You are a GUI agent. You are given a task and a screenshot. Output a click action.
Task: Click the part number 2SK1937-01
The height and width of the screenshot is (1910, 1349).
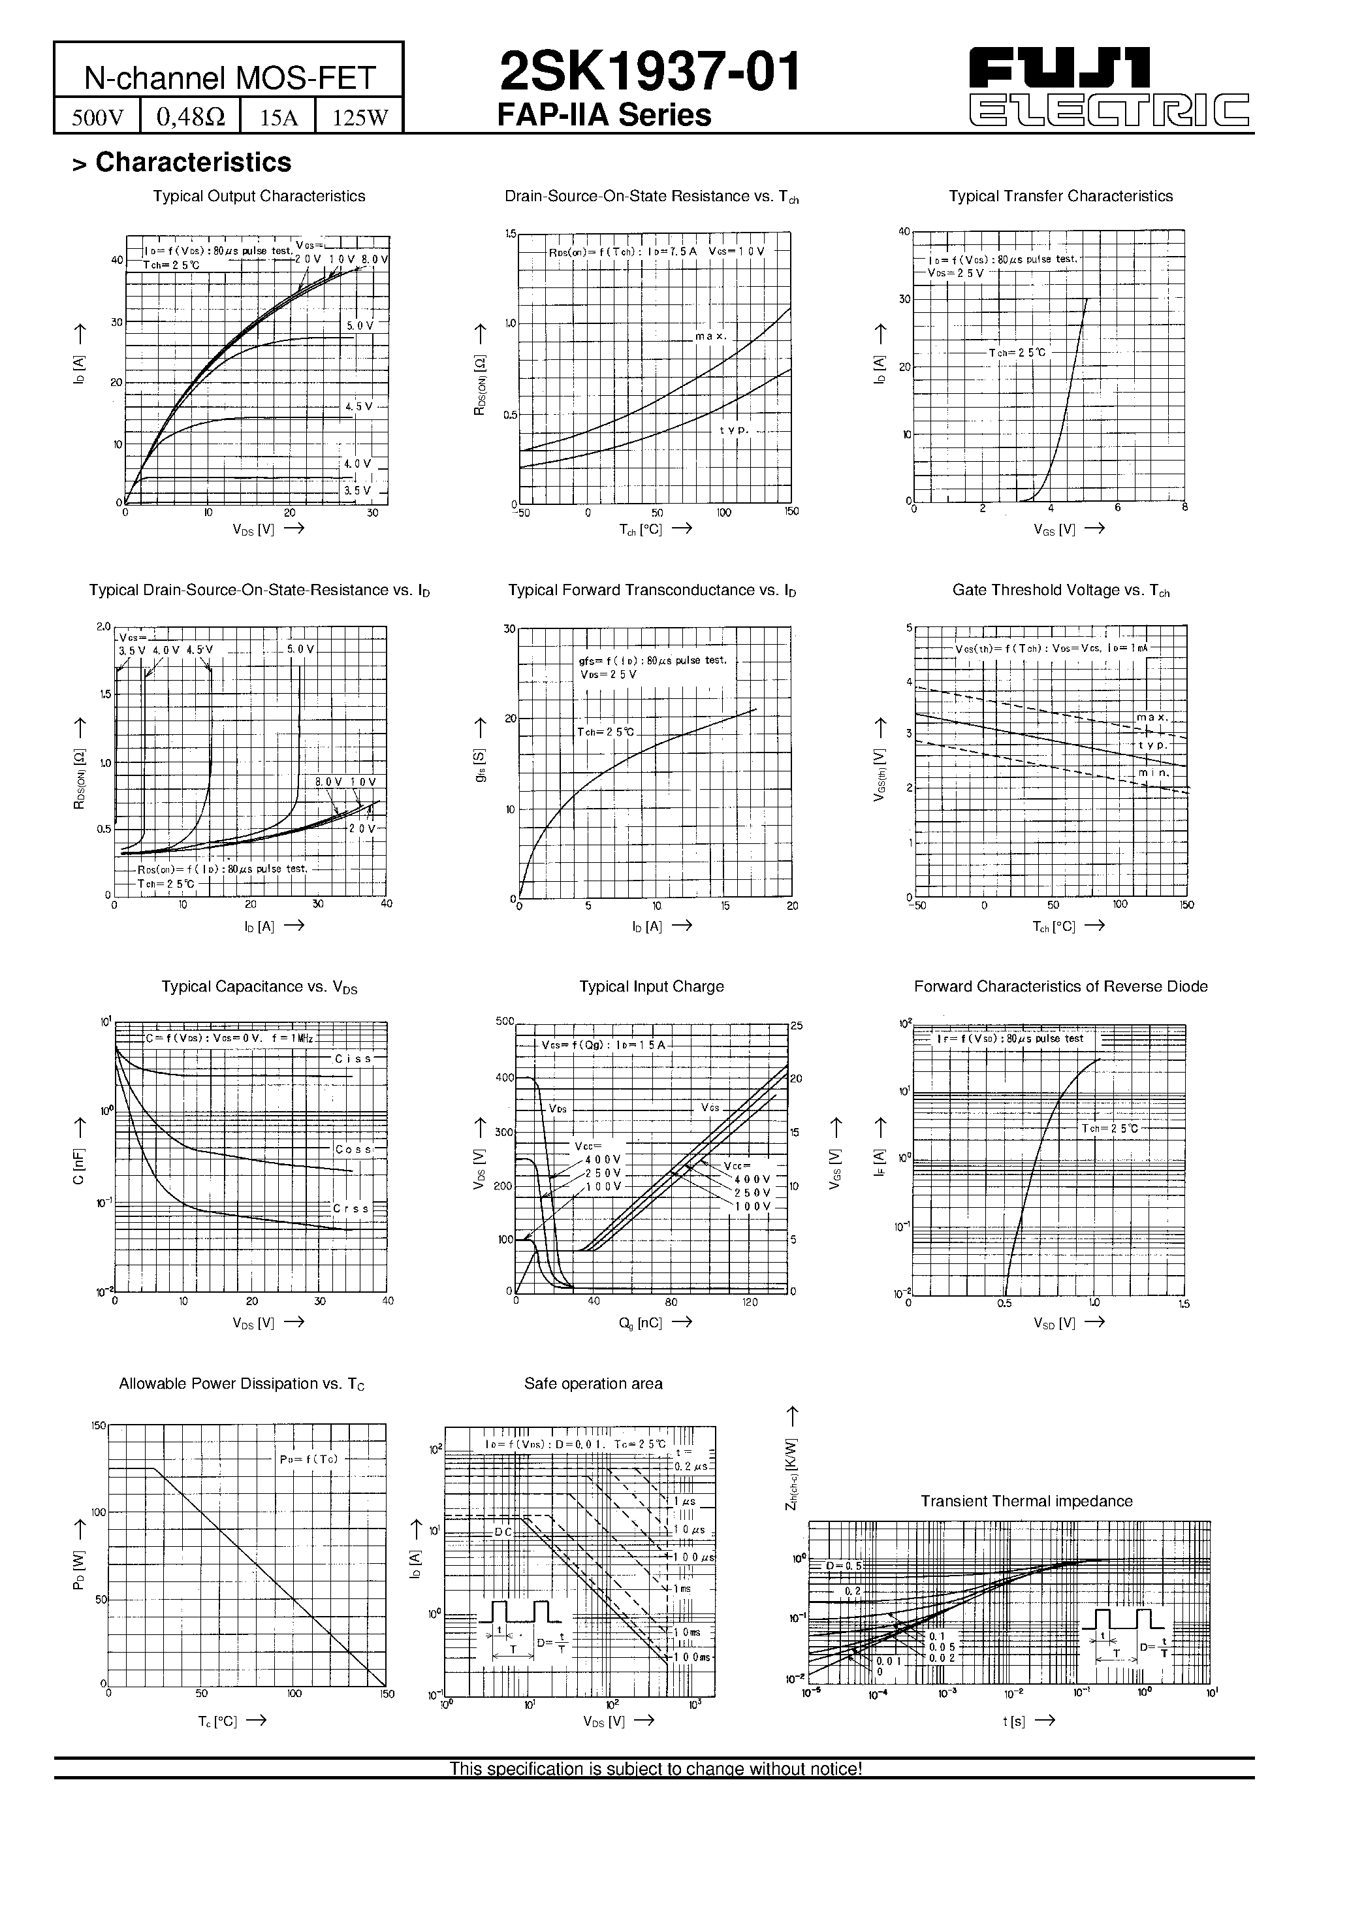coord(650,73)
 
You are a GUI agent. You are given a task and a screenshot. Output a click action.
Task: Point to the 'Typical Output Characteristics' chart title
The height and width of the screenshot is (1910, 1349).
coord(259,197)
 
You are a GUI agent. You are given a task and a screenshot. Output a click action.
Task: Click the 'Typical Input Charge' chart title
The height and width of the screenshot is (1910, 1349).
coord(651,986)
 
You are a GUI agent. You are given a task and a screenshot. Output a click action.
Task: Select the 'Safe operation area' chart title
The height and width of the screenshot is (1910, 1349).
coord(593,1384)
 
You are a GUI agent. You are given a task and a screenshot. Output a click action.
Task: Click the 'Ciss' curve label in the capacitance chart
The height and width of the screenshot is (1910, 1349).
coord(353,1059)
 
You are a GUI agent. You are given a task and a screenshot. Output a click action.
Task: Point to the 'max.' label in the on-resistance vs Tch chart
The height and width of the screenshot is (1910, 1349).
coord(711,337)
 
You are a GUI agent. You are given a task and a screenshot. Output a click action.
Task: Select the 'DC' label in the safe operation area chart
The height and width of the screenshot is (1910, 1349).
coord(504,1532)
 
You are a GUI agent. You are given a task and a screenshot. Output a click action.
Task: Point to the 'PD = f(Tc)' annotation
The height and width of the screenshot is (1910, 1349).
coord(309,1459)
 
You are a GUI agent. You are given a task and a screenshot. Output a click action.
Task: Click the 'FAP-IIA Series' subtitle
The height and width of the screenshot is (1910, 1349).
coord(604,116)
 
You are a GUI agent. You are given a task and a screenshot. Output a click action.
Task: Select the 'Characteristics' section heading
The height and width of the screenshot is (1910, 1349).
coord(193,162)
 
